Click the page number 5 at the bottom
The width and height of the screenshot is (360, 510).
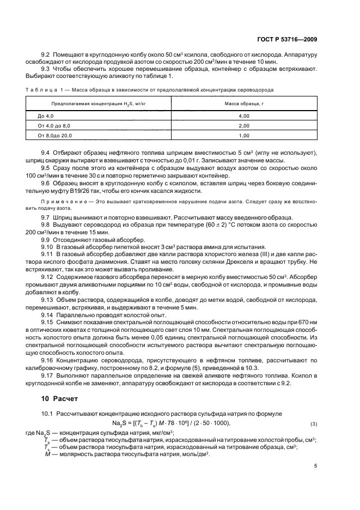[316, 465]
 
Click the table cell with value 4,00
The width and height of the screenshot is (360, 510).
[243, 116]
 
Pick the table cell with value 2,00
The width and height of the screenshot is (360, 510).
[243, 125]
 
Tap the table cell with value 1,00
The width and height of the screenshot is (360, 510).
[243, 135]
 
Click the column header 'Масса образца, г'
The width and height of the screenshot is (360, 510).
[243, 103]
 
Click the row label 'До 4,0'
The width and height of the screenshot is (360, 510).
[46, 116]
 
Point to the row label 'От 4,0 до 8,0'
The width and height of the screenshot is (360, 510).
[54, 125]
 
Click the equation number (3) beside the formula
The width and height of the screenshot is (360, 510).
[313, 423]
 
